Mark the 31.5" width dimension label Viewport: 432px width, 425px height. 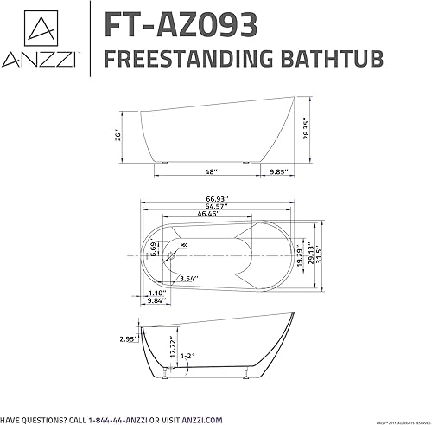click(x=327, y=253)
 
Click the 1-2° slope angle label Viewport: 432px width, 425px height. click(x=201, y=355)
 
